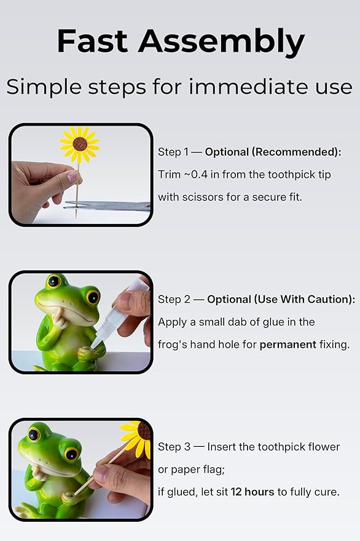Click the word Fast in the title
[92, 41]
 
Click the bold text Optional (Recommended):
[273, 152]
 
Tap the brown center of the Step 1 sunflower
[79, 144]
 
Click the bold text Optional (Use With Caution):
[281, 299]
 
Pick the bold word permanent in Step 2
[288, 344]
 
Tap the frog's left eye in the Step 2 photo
[53, 281]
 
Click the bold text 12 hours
[253, 492]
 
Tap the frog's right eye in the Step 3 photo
[71, 454]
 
